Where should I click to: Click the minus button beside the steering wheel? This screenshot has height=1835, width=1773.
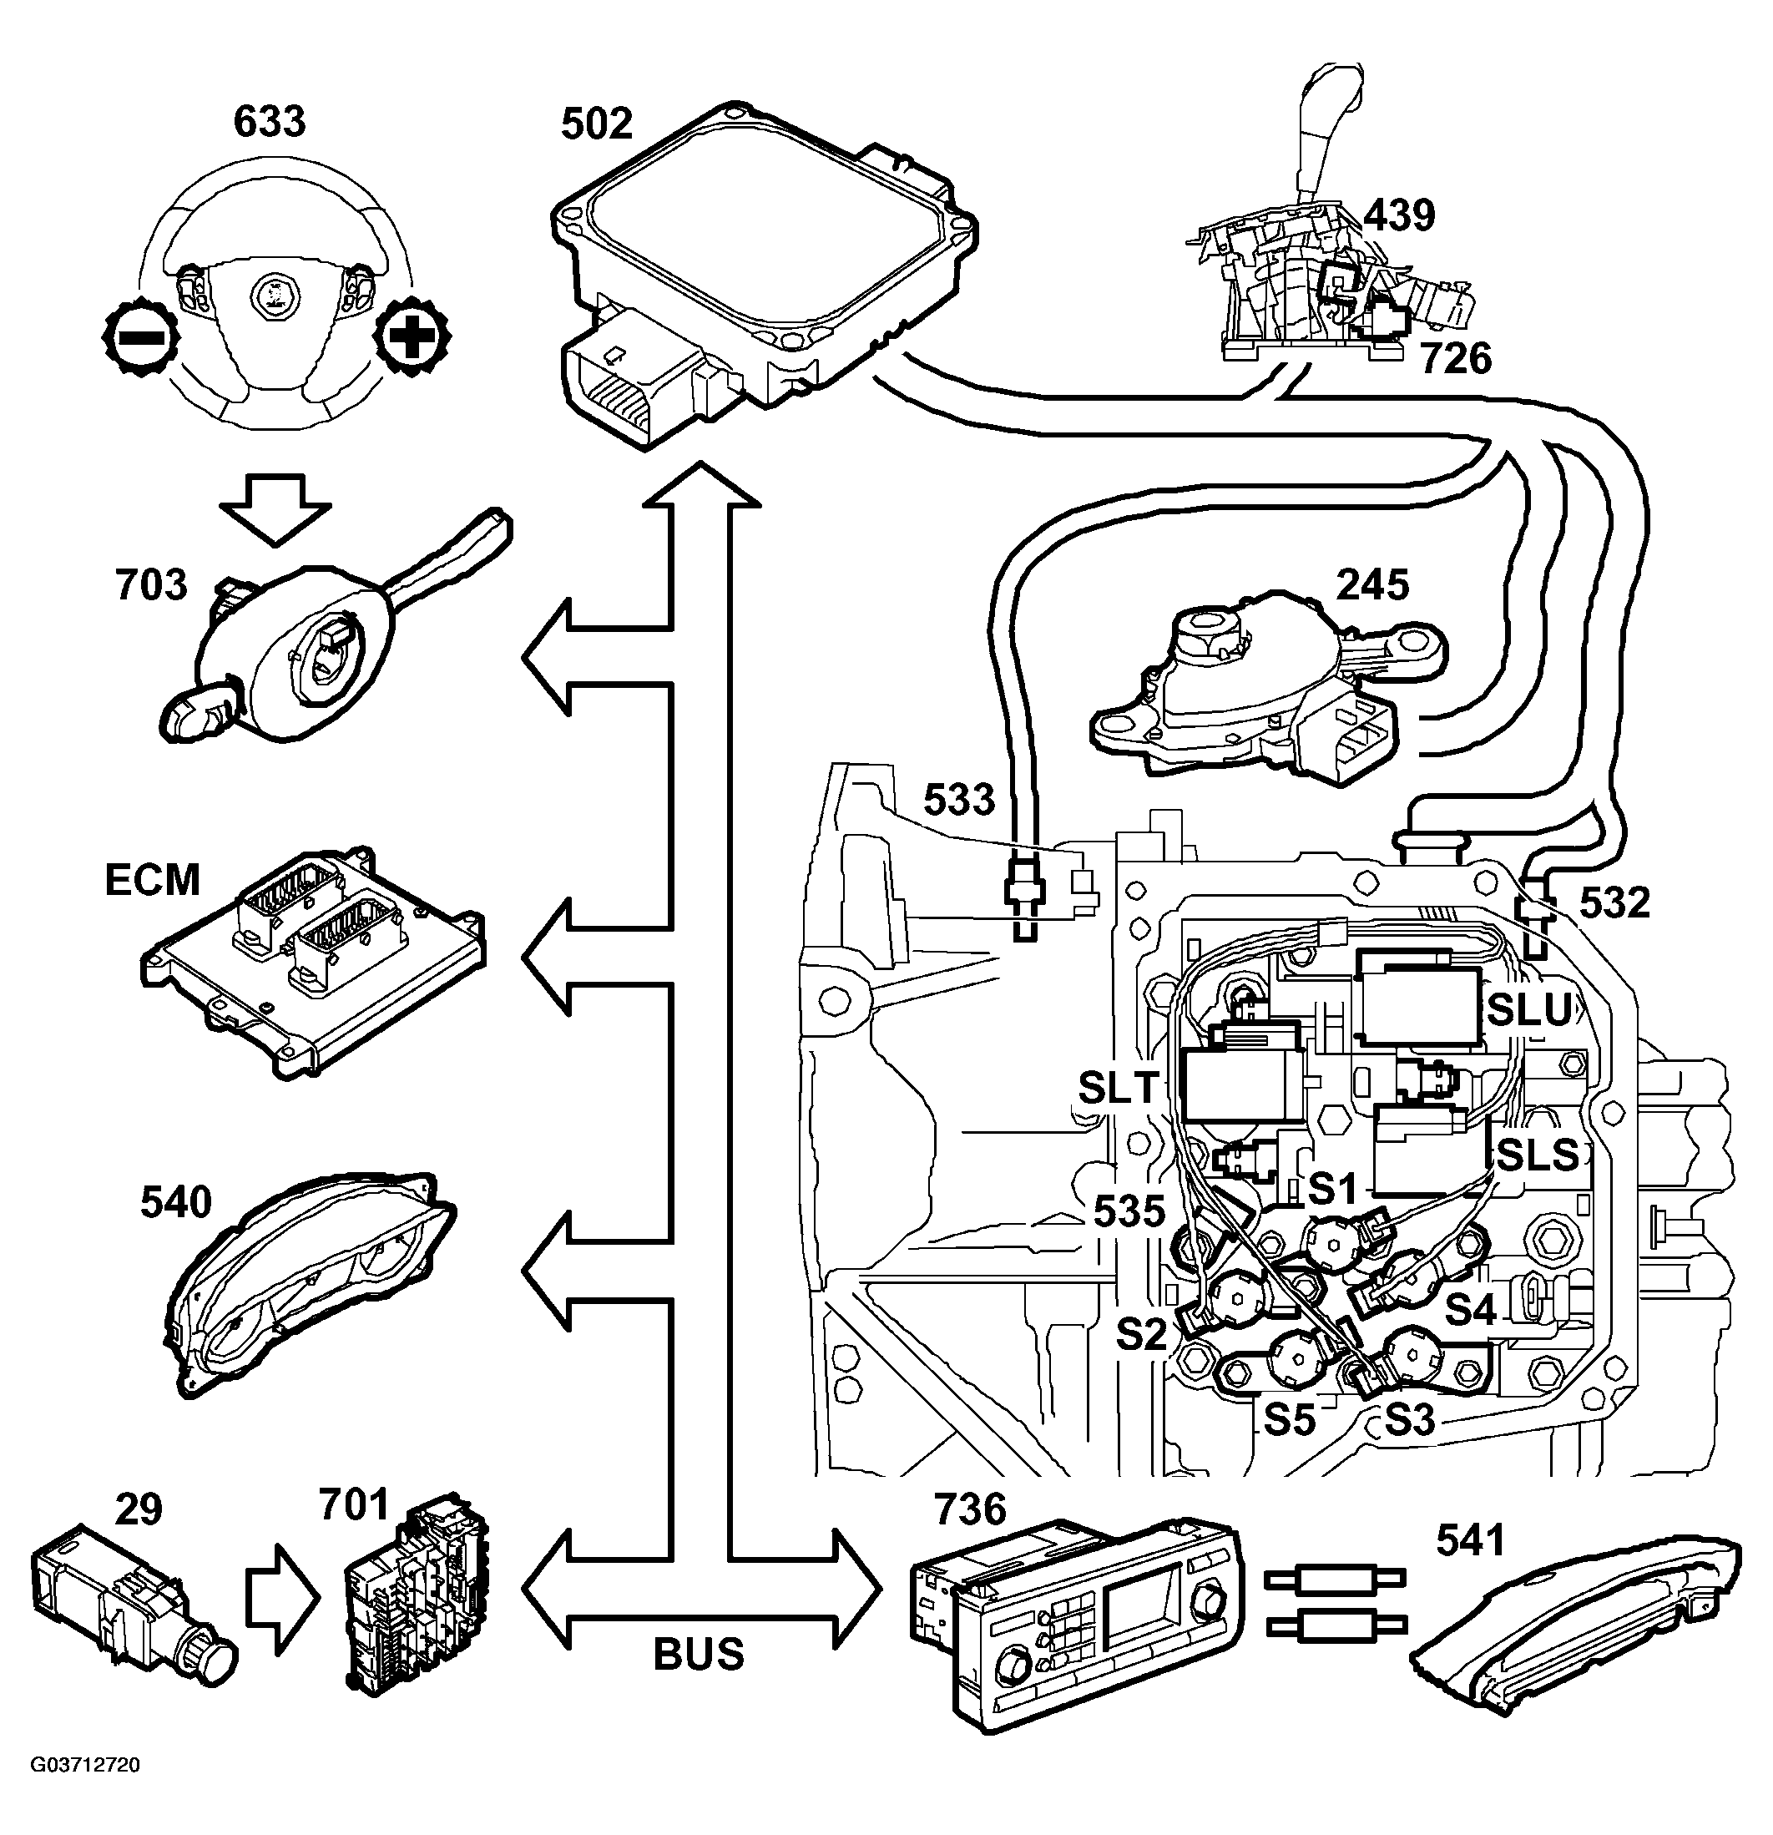139,337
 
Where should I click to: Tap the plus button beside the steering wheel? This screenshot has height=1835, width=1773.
412,337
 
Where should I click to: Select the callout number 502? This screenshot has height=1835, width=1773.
596,124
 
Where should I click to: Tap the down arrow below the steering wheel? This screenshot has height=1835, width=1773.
275,510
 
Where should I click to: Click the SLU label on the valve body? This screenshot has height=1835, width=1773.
1529,1009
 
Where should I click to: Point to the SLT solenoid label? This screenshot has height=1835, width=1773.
1119,1087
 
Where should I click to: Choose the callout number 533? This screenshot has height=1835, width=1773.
958,800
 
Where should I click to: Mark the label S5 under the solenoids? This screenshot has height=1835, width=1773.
1289,1420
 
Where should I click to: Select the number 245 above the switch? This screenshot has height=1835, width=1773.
1372,585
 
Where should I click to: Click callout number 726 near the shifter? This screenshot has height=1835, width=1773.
1457,359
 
